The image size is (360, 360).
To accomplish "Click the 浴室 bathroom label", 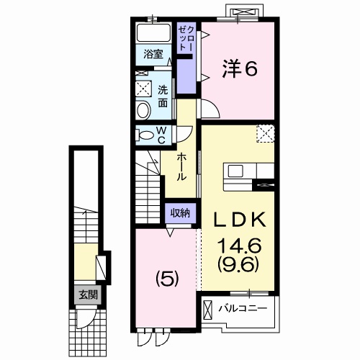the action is click(x=153, y=54).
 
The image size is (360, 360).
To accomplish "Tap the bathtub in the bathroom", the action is click(x=153, y=32).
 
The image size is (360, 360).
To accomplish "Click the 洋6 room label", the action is click(x=240, y=68).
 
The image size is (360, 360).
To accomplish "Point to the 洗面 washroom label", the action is click(x=163, y=96).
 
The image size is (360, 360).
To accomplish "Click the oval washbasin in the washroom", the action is click(x=143, y=110).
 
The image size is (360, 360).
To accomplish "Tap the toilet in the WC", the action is click(x=144, y=135).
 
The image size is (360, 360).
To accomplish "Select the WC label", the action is click(x=161, y=135).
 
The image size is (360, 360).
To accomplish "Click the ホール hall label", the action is click(x=181, y=167).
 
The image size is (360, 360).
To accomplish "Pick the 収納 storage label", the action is click(x=181, y=212).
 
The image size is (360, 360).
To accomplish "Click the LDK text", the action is click(x=240, y=220).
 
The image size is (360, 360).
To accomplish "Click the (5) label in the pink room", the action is click(x=167, y=280).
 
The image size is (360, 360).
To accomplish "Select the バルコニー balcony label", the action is click(x=243, y=308).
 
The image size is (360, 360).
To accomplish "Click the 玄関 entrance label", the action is click(x=89, y=294).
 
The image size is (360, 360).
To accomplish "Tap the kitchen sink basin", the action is click(x=235, y=171).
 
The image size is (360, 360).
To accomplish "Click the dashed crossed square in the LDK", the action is click(x=266, y=133).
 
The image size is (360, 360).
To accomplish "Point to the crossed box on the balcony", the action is click(x=208, y=310).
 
